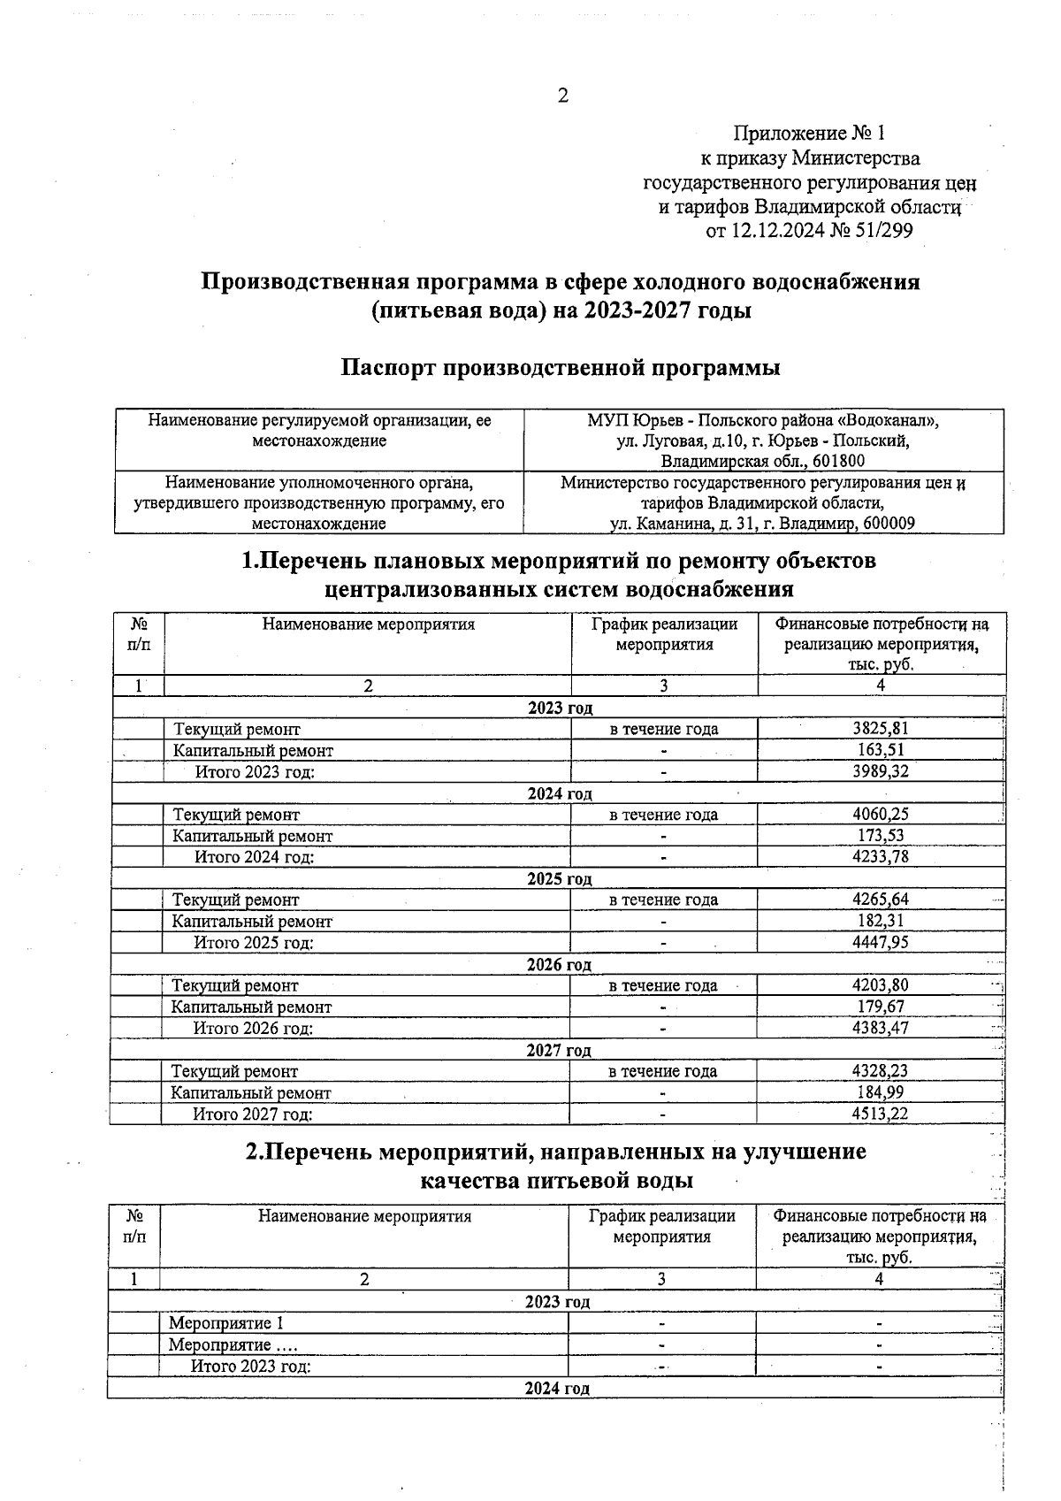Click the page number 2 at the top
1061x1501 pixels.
[x=562, y=96]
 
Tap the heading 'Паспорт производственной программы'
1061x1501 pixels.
[x=561, y=368]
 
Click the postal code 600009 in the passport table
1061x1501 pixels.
[x=889, y=524]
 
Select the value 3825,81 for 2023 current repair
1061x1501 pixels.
[x=880, y=729]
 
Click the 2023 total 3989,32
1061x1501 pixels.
[x=880, y=771]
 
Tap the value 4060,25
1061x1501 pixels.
[x=880, y=815]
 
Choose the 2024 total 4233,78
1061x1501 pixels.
[x=880, y=856]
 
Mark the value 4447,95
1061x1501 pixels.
[x=880, y=942]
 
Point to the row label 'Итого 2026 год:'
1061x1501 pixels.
[x=253, y=1029]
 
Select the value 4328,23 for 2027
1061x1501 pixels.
[x=880, y=1071]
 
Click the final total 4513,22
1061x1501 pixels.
[x=880, y=1114]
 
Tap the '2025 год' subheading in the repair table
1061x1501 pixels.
[x=559, y=879]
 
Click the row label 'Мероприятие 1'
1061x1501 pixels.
[x=226, y=1323]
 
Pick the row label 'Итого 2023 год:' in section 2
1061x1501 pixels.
[x=251, y=1367]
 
